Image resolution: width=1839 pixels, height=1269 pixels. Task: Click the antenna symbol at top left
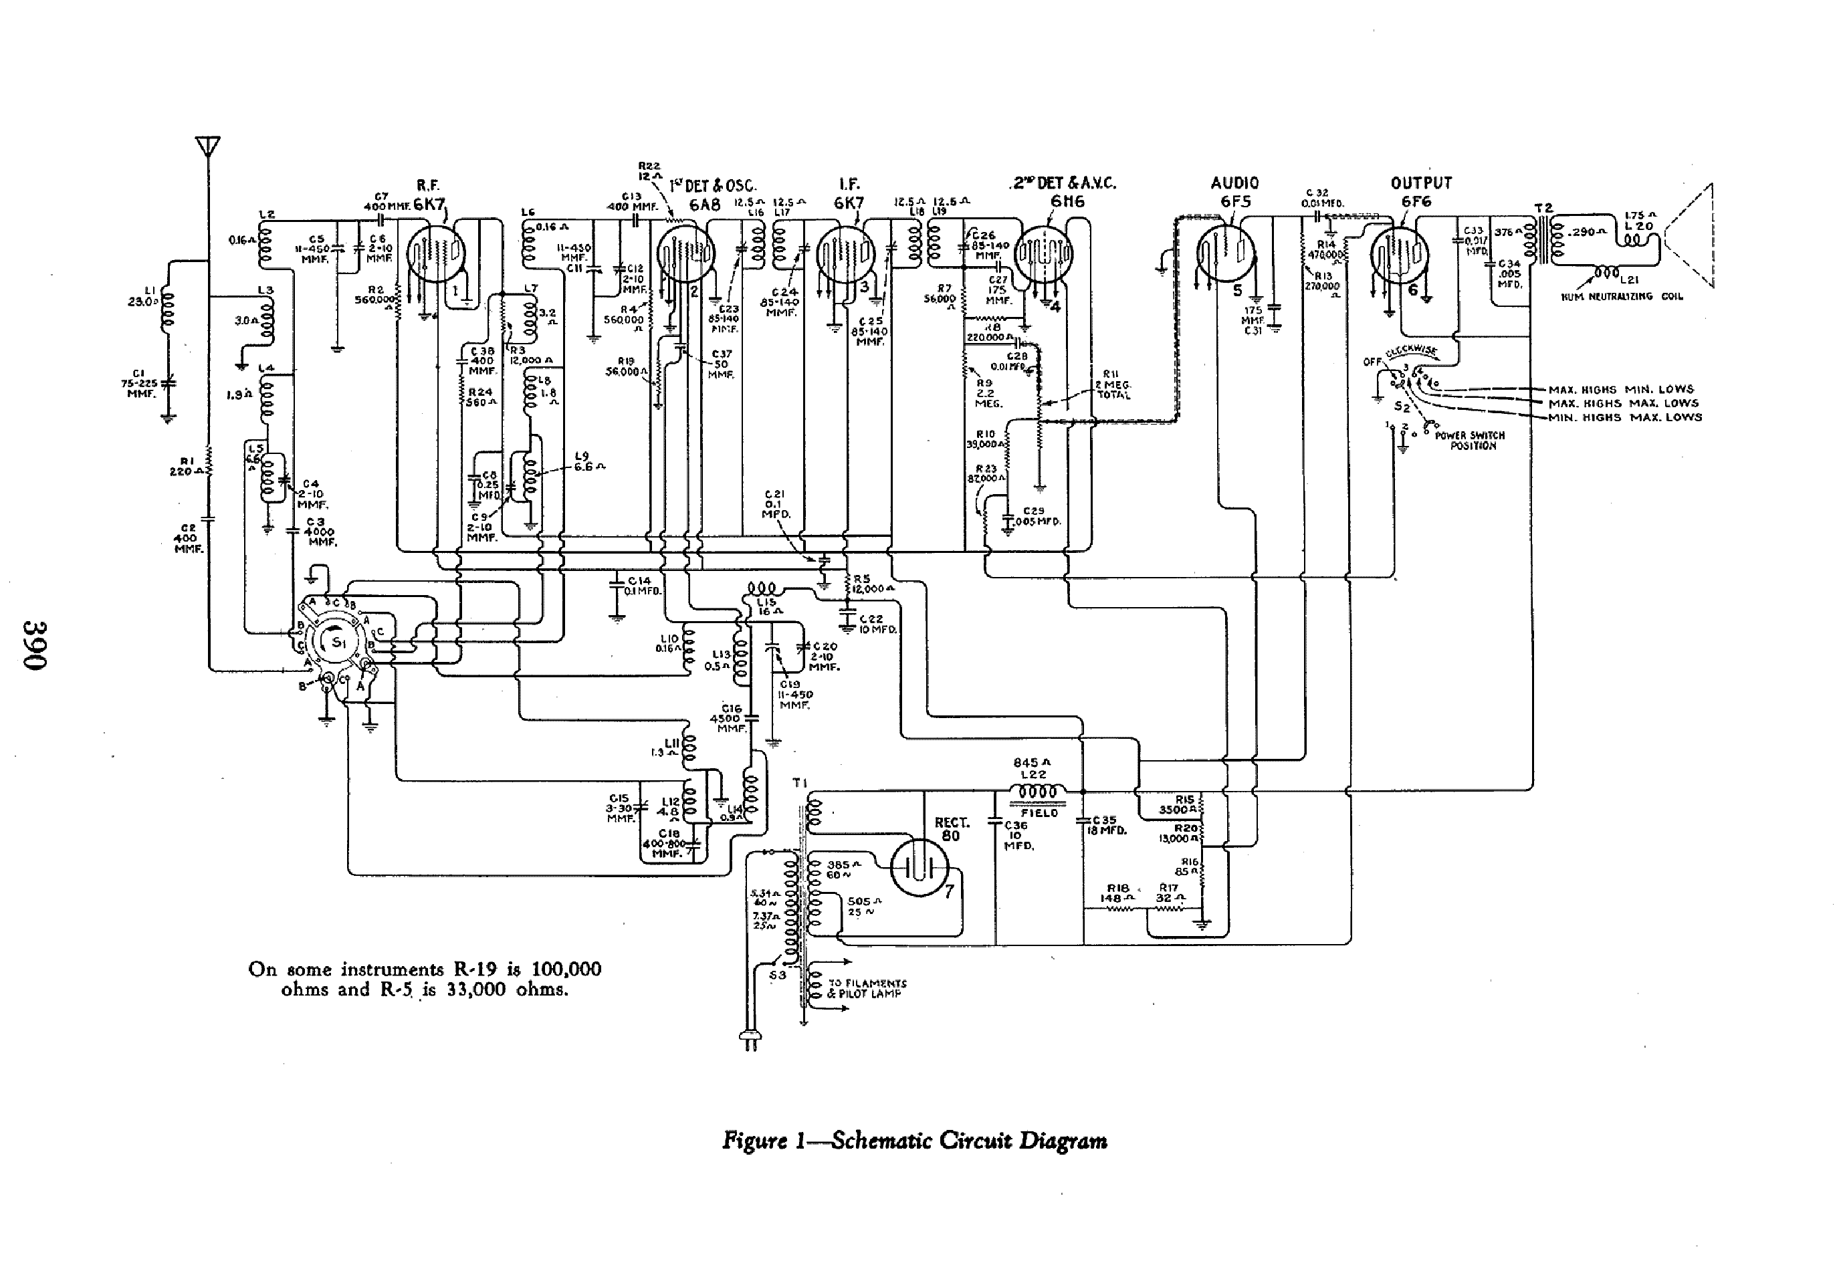coord(207,147)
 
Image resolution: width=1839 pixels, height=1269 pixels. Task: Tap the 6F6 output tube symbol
coord(1400,256)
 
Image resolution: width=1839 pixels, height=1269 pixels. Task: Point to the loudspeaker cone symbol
coord(1689,236)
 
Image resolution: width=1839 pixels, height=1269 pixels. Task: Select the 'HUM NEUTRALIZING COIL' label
coord(1622,297)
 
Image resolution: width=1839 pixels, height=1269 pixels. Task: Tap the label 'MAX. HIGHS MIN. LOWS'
coord(1620,390)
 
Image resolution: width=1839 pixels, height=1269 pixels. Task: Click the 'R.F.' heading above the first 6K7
coord(428,185)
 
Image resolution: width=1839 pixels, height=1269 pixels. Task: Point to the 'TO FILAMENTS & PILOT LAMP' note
coord(867,988)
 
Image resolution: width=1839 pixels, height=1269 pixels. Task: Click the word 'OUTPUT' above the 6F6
coord(1421,183)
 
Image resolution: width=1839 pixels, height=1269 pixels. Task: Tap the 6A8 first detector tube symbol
coord(686,255)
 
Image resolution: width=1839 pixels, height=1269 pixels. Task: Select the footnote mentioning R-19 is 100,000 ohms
coord(425,979)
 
